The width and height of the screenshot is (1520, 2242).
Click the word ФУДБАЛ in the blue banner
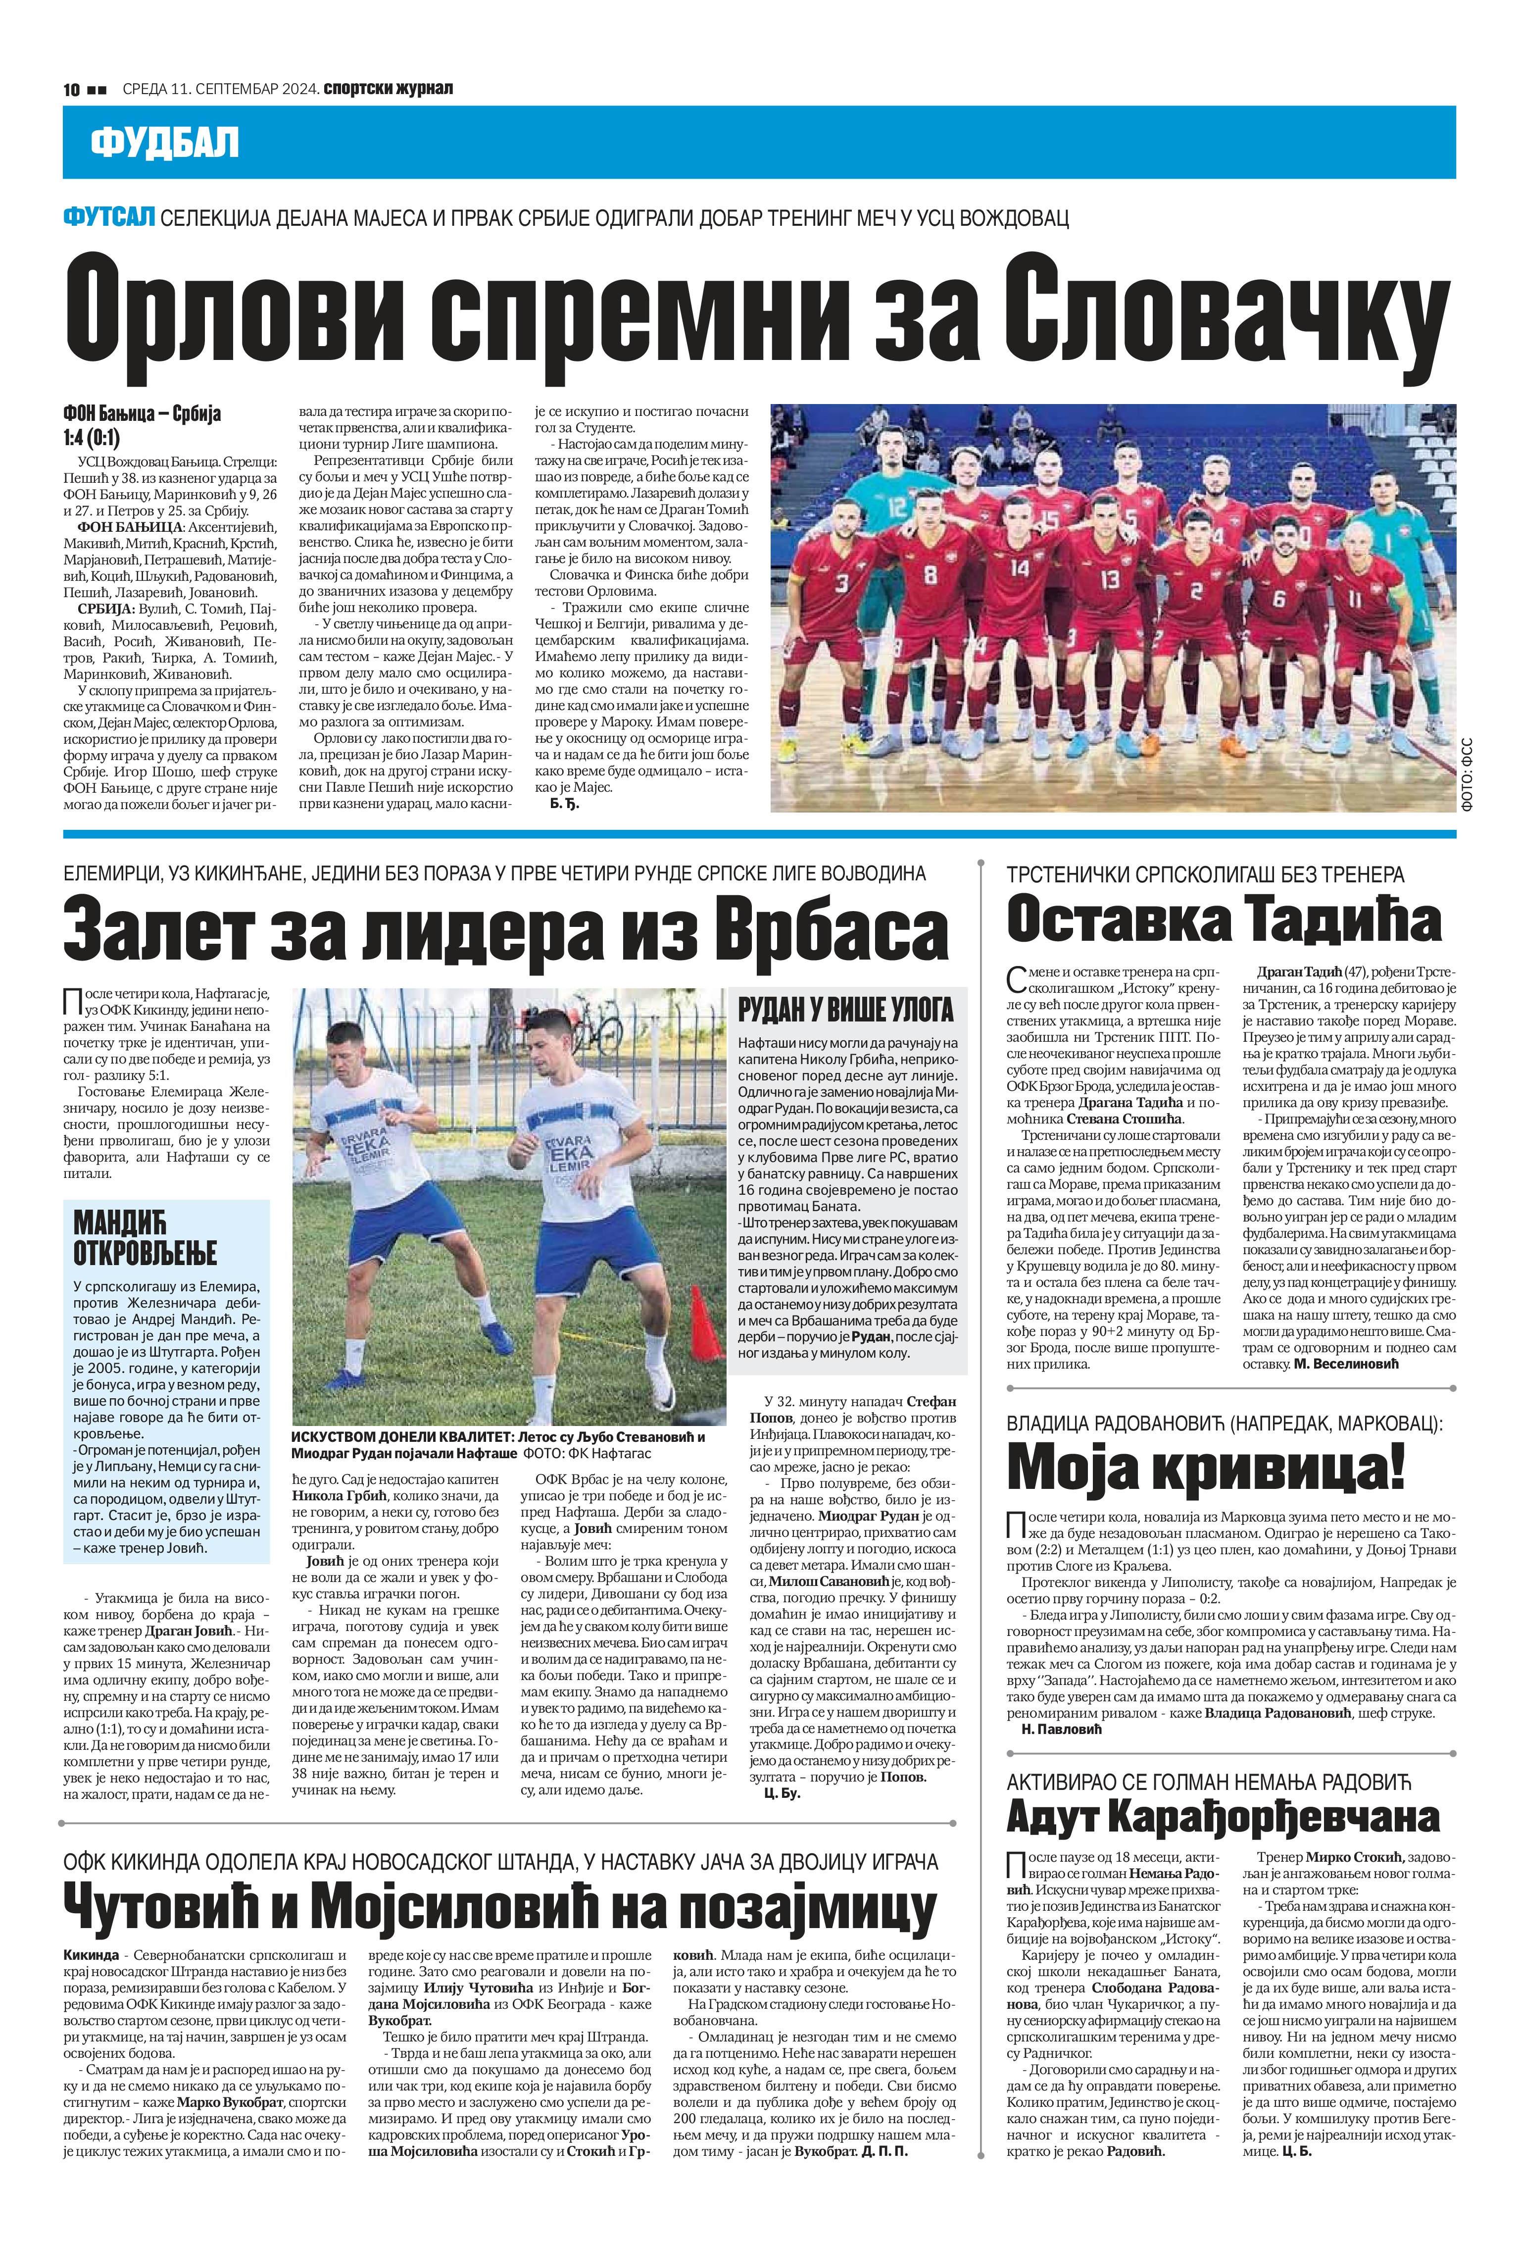(164, 143)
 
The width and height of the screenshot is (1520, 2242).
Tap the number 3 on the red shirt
(842, 583)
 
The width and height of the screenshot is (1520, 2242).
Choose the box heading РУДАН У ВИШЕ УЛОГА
(846, 1010)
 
